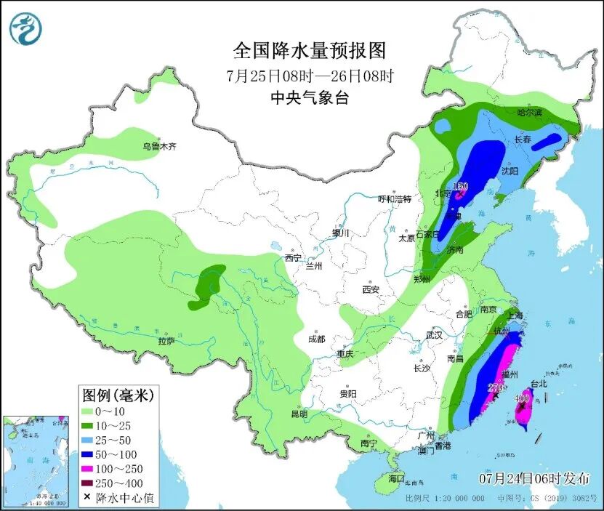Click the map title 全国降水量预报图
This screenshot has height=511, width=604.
click(309, 50)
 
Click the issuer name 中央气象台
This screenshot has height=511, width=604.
click(309, 98)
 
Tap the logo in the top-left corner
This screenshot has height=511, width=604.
click(25, 29)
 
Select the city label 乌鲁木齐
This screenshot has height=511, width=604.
click(159, 146)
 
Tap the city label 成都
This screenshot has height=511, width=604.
click(316, 339)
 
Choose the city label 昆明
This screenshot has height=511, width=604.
click(299, 414)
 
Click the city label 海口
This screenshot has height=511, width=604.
click(395, 478)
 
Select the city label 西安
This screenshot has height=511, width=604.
click(371, 289)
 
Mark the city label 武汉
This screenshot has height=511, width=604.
click(435, 335)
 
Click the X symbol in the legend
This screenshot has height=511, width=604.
click(87, 497)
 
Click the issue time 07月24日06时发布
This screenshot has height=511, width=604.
click(534, 478)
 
